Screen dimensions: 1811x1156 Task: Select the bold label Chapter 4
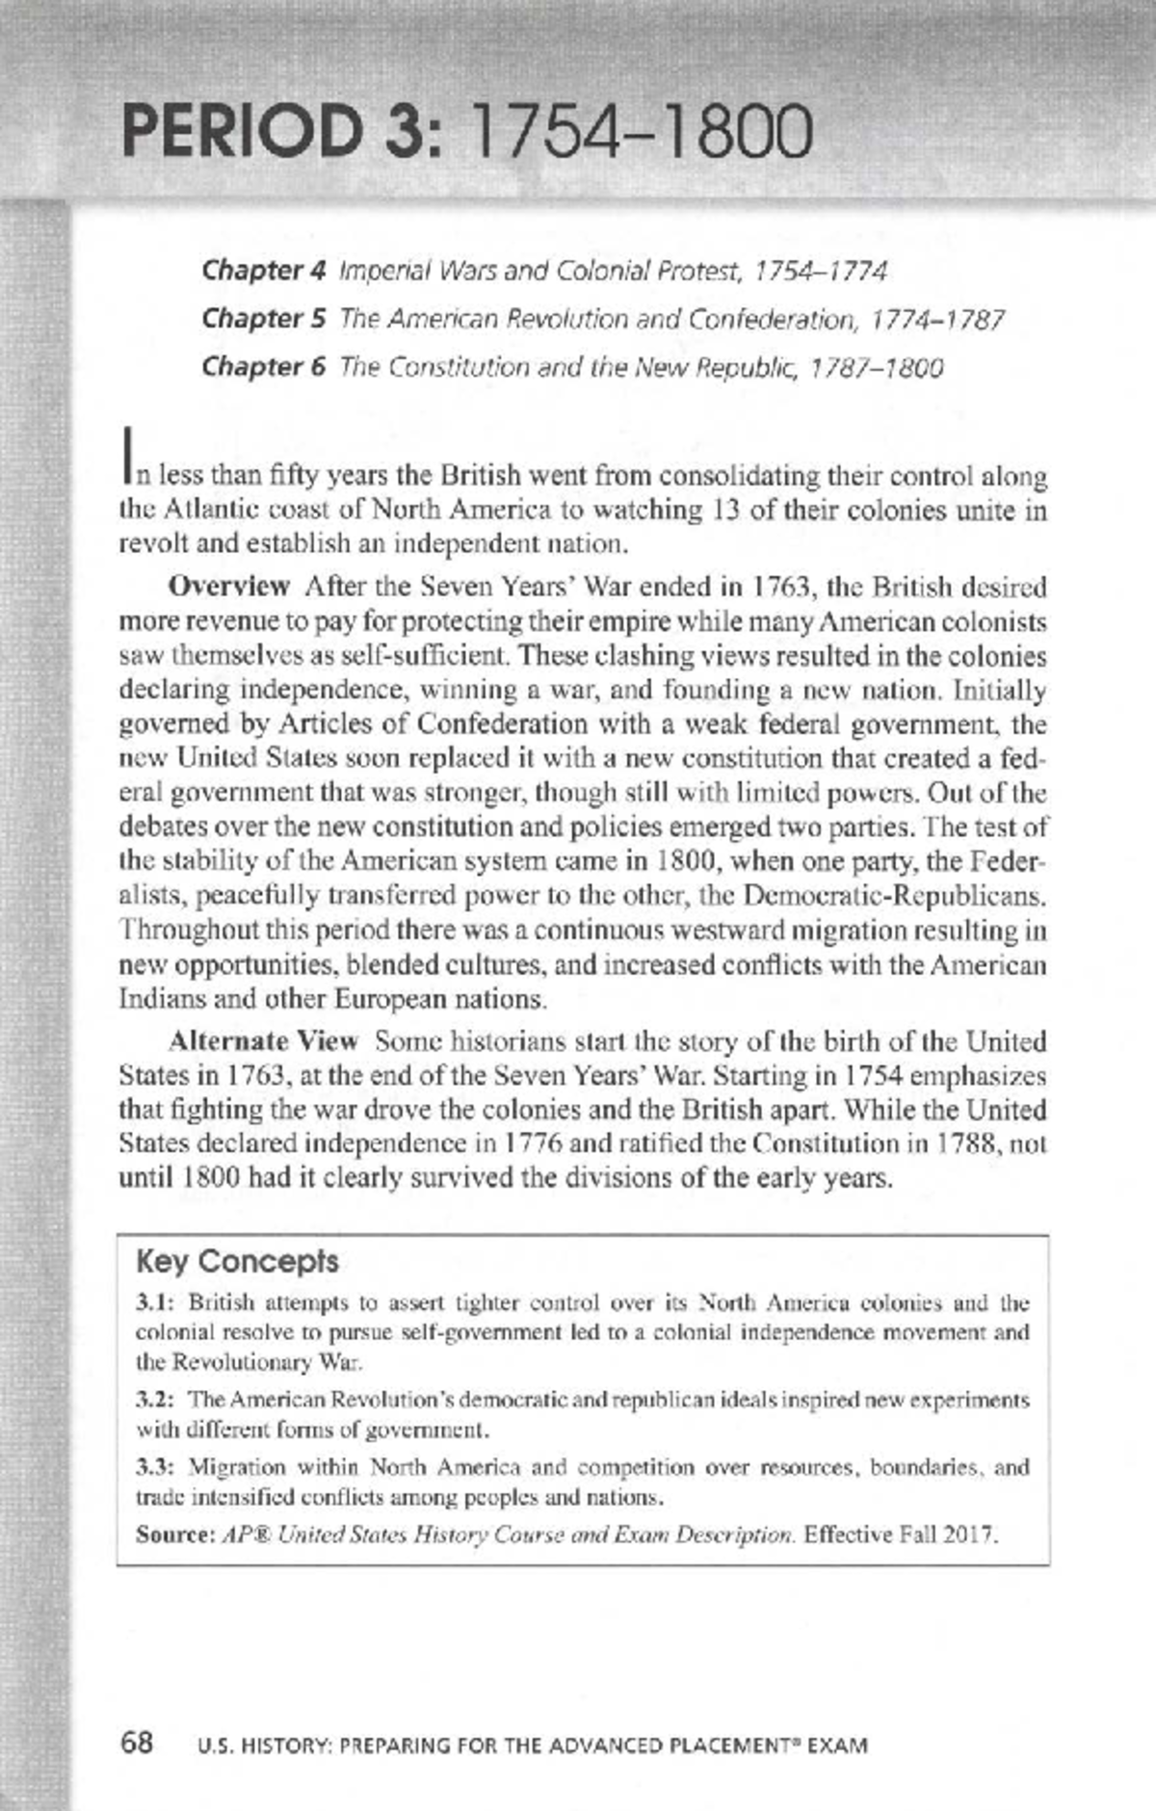pyautogui.click(x=264, y=271)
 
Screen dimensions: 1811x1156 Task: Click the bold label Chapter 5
pyautogui.click(x=264, y=319)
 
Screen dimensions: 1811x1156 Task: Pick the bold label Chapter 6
pyautogui.click(x=264, y=367)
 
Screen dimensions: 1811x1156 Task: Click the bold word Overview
pyautogui.click(x=229, y=586)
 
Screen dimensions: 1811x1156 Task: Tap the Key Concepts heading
pyautogui.click(x=237, y=1261)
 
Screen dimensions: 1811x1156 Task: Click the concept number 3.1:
pyautogui.click(x=154, y=1303)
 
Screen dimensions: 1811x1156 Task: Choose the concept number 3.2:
pyautogui.click(x=154, y=1399)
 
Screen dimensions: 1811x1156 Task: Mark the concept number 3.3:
pyautogui.click(x=154, y=1467)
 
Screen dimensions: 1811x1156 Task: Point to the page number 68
pyautogui.click(x=137, y=1742)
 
